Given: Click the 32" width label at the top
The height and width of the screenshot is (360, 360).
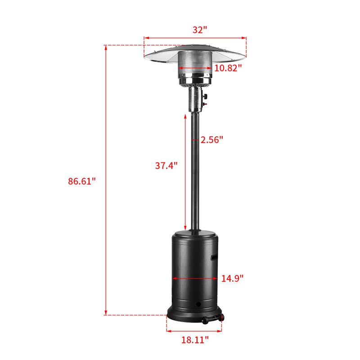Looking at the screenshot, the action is pyautogui.click(x=200, y=30).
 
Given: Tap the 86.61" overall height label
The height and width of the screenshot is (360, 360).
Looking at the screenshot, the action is pyautogui.click(x=81, y=181).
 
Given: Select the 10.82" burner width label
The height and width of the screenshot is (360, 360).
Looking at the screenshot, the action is pyautogui.click(x=228, y=68).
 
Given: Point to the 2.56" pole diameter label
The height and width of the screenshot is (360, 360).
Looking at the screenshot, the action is pyautogui.click(x=211, y=139).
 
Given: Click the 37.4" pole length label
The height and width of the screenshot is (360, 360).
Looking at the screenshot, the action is pyautogui.click(x=166, y=166).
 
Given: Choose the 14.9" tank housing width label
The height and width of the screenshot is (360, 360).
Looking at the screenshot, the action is pyautogui.click(x=232, y=278).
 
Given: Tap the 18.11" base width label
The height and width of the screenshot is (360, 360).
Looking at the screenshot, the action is pyautogui.click(x=195, y=340).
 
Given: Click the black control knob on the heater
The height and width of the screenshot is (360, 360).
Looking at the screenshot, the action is pyautogui.click(x=205, y=96).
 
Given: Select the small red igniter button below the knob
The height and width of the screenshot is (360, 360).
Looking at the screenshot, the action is pyautogui.click(x=205, y=104).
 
